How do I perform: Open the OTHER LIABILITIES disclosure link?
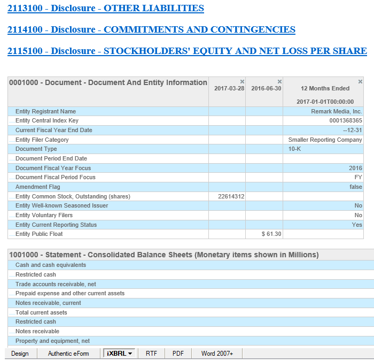click(x=106, y=9)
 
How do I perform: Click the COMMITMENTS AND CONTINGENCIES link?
click(x=151, y=30)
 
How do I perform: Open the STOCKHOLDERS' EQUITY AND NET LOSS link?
click(x=187, y=51)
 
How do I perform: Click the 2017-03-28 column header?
click(x=229, y=88)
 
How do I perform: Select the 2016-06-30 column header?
click(x=266, y=88)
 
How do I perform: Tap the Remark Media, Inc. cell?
click(x=337, y=111)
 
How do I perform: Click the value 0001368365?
click(x=346, y=121)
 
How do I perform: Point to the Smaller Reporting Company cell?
click(x=325, y=140)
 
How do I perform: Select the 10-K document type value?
click(x=294, y=149)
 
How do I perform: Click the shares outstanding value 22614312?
click(x=231, y=196)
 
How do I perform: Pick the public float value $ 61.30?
click(x=271, y=234)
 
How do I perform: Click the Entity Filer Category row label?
click(x=42, y=140)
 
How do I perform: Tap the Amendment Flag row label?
click(x=38, y=187)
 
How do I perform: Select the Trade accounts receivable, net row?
click(x=56, y=284)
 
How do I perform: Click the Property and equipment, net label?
click(x=52, y=341)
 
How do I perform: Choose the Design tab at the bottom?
click(x=20, y=354)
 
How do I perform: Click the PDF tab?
click(x=178, y=354)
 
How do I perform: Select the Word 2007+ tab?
click(x=216, y=354)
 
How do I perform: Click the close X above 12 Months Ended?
click(x=360, y=81)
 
